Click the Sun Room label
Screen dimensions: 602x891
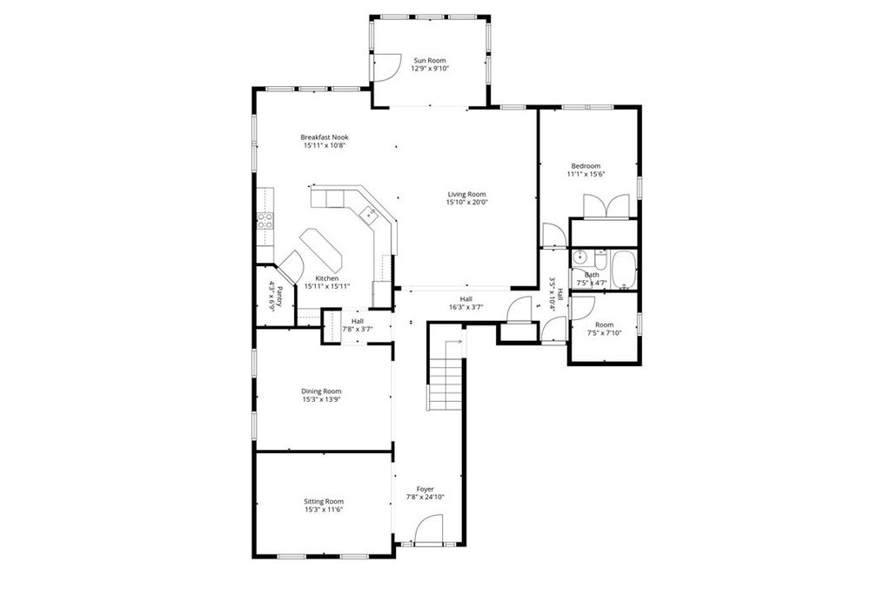pos(431,60)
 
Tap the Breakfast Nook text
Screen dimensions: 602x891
pos(325,137)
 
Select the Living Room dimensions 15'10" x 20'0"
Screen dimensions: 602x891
pos(466,203)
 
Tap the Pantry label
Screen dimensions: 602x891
pos(271,296)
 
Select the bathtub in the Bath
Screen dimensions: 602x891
pos(623,270)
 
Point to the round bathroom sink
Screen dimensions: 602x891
pos(580,258)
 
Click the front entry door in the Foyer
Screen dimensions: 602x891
pos(427,530)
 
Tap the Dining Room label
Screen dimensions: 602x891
pos(321,391)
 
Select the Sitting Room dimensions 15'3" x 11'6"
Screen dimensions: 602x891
pos(324,510)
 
